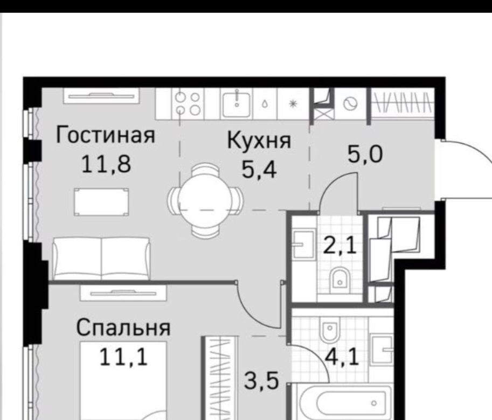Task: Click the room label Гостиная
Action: point(106,135)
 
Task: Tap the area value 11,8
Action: point(106,164)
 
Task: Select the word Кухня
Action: point(259,141)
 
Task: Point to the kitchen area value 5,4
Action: point(259,170)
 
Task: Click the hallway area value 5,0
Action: point(365,155)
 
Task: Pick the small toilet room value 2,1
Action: point(340,246)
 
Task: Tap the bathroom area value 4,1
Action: point(342,357)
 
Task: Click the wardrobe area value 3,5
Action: point(261,381)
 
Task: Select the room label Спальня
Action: point(123,328)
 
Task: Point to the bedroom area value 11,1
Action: point(123,357)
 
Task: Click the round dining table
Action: point(205,200)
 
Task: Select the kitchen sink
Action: point(237,103)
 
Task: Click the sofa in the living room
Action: point(101,258)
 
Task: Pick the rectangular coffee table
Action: point(102,202)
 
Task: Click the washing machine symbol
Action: point(350,104)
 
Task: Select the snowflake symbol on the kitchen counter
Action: point(293,103)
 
